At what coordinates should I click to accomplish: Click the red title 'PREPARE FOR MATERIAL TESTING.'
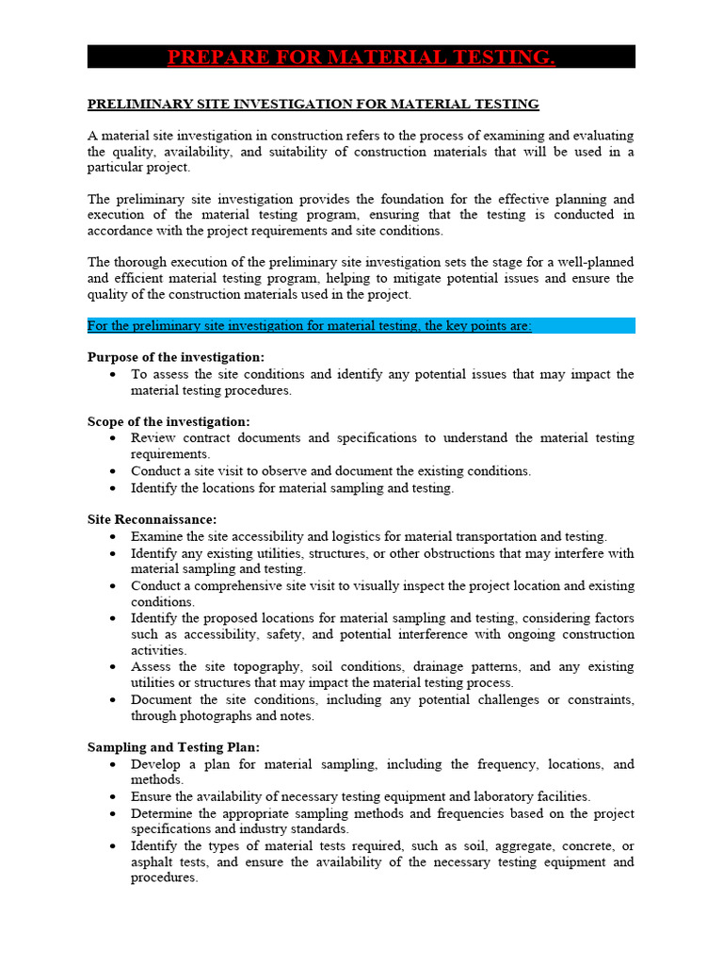361,57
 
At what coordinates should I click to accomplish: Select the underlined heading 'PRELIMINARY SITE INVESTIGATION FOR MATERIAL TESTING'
313,104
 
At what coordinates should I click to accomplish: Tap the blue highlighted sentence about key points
310,326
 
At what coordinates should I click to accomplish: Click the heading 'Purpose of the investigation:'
176,357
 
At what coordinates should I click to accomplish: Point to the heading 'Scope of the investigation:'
169,421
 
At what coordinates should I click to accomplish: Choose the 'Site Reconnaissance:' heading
152,519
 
